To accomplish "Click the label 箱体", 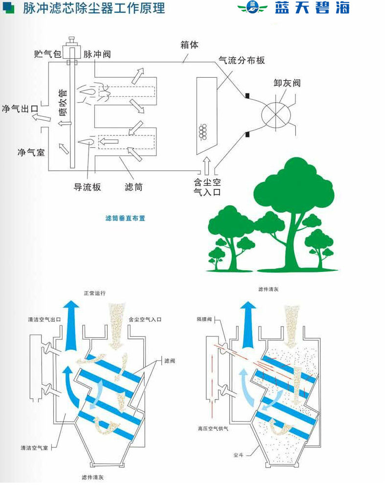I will (189, 45).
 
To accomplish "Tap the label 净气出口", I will (20, 109).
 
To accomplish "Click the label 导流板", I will (87, 186).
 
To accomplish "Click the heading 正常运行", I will (94, 293).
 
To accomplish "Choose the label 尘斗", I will (239, 455).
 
